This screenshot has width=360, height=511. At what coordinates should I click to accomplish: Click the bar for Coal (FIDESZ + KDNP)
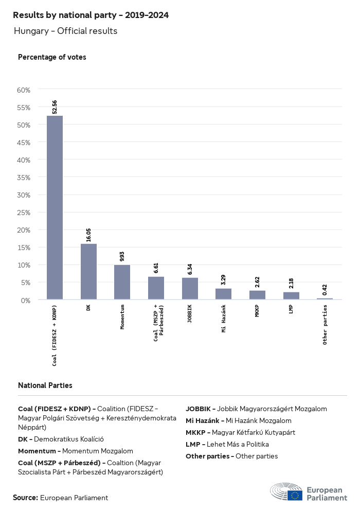55,207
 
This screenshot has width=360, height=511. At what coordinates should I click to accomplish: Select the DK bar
88,271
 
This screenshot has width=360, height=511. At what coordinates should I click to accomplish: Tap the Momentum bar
122,282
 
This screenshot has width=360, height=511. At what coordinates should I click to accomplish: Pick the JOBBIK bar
190,288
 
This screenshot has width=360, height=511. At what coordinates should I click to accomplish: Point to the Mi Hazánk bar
223,294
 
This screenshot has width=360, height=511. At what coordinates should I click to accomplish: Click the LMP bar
291,295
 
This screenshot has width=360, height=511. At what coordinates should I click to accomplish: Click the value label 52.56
55,107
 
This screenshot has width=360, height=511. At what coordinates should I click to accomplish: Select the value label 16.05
88,235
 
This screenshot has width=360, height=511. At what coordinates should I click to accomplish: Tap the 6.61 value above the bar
156,268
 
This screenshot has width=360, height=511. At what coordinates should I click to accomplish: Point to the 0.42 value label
325,290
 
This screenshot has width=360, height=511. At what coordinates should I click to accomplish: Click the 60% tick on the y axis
24,90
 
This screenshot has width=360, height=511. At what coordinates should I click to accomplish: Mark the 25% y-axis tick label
24,213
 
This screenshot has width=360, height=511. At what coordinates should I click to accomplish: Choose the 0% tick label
26,300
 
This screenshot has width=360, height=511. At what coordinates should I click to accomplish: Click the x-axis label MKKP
257,312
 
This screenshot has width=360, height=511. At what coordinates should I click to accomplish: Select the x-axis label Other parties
325,325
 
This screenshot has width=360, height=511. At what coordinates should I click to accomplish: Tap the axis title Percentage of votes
52,57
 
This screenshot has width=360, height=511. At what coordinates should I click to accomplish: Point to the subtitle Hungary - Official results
66,31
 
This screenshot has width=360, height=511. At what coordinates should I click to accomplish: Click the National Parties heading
45,385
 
